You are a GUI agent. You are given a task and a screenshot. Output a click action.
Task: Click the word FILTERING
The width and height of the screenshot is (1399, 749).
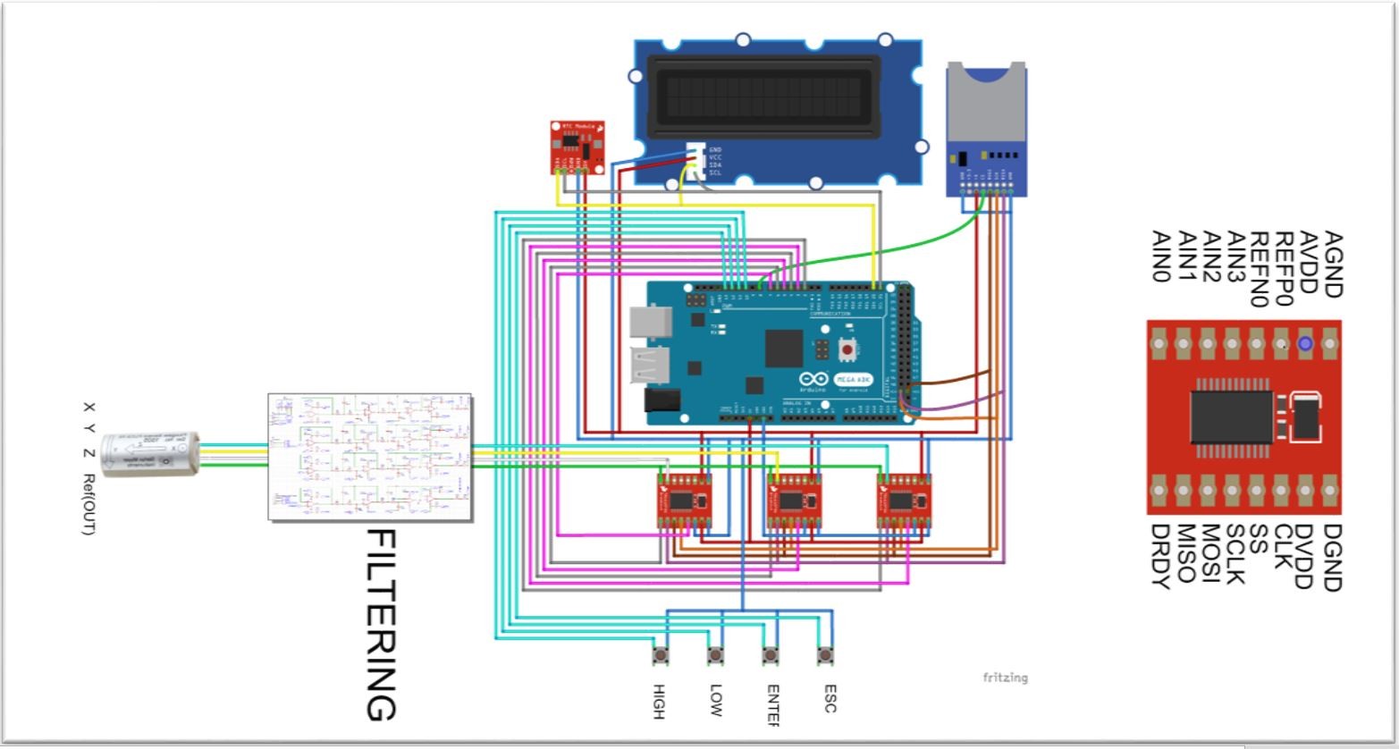coord(382,625)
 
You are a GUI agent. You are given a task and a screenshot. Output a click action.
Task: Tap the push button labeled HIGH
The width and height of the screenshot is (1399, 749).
coord(661,656)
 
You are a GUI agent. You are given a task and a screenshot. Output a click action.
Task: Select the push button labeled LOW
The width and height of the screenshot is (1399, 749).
coord(715,656)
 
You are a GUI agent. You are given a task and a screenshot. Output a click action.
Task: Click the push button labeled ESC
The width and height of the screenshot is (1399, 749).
coord(825,656)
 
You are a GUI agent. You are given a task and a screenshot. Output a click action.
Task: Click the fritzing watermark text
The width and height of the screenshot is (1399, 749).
coord(1006,677)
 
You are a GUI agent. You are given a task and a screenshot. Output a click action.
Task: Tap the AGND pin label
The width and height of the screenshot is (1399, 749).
coord(1332,264)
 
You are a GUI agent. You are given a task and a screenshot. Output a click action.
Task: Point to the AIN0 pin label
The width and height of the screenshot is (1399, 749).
coord(1161,257)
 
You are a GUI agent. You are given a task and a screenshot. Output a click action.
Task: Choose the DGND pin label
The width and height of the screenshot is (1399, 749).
coord(1331,558)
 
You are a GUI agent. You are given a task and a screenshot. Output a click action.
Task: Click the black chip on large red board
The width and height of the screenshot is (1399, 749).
coord(1232,417)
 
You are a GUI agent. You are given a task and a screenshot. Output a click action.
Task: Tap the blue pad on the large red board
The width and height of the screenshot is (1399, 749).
coord(1305,343)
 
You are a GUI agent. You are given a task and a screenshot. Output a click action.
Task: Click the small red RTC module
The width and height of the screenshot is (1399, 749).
coord(577,147)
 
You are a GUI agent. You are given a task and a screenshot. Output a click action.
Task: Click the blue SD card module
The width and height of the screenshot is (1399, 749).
coord(987,134)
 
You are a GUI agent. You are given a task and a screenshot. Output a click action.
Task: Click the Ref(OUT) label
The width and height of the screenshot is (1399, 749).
coord(88,505)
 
